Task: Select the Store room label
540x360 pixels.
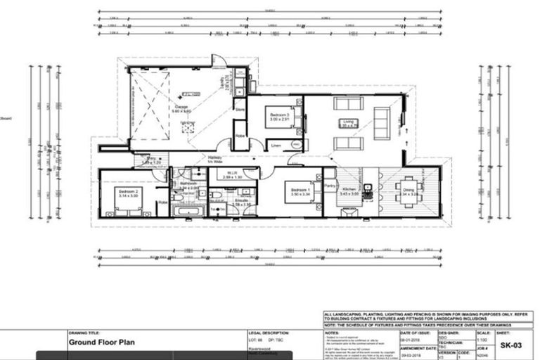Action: tap(239, 110)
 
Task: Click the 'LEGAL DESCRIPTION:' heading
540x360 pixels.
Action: tap(269, 333)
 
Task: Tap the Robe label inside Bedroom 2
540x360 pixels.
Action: tap(162, 202)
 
